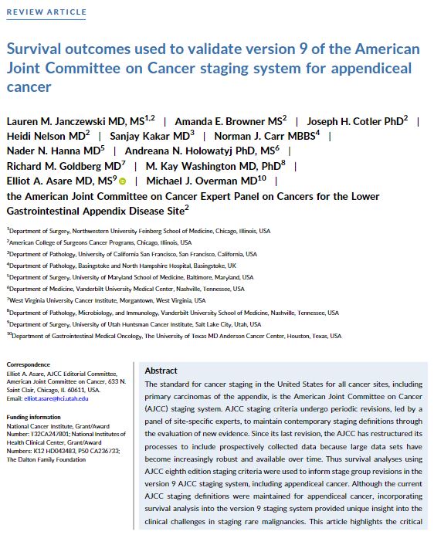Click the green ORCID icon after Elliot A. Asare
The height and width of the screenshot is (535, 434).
[122, 181]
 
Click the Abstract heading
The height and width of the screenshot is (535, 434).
[161, 371]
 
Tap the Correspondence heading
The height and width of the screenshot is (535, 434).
[29, 364]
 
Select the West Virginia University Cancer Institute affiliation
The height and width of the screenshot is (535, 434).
[108, 300]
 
